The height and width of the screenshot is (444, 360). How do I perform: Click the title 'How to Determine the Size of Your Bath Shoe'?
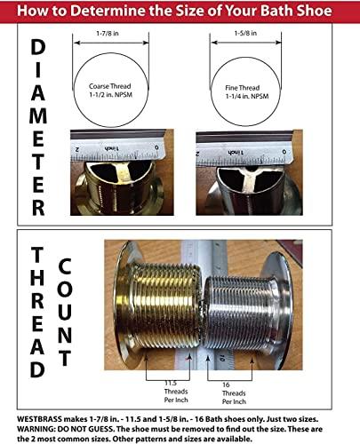[180, 12]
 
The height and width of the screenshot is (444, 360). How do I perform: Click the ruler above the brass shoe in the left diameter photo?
[116, 145]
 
